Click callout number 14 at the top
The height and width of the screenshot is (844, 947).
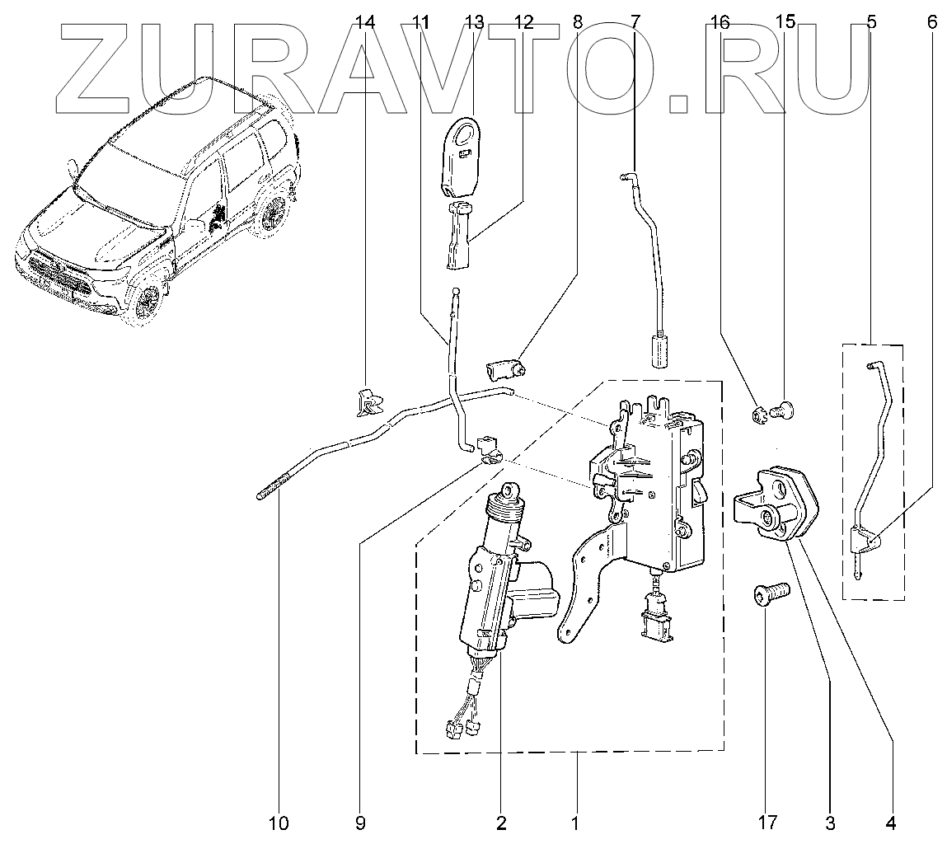click(365, 23)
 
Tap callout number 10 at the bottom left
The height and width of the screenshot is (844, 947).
click(279, 822)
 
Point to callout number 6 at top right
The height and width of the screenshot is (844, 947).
click(931, 23)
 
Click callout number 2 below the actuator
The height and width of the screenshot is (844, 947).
click(500, 822)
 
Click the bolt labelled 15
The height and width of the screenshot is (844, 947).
click(784, 408)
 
